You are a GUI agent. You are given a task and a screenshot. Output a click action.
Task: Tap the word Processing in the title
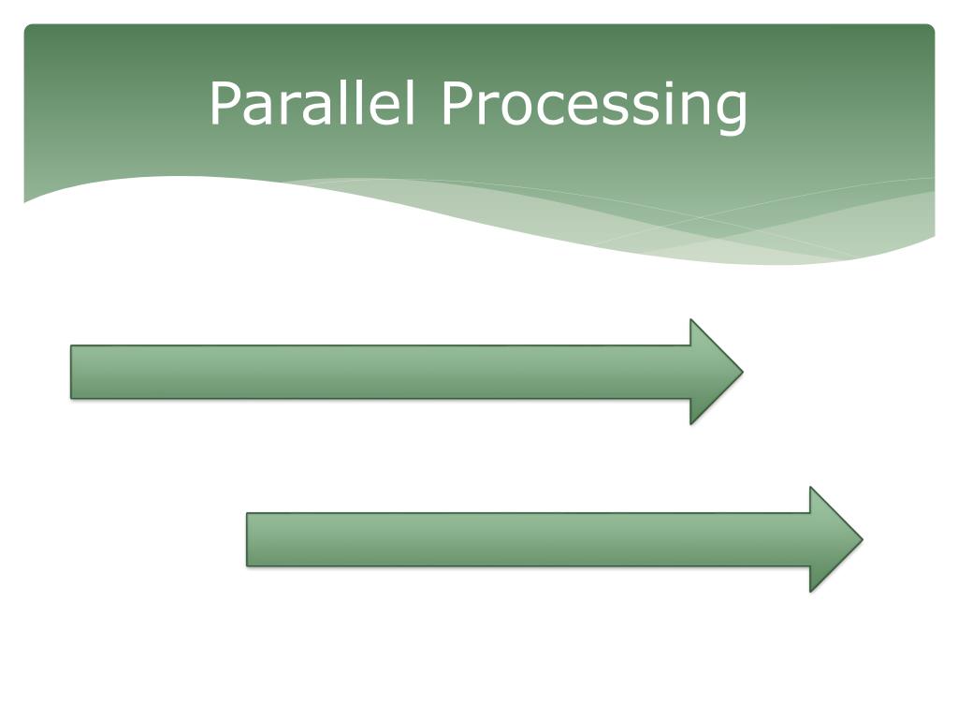point(595,105)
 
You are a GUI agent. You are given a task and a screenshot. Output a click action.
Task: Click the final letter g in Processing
point(732,110)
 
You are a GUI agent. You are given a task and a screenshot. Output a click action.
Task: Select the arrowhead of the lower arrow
point(832,539)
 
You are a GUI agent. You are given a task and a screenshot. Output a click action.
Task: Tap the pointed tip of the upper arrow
point(742,372)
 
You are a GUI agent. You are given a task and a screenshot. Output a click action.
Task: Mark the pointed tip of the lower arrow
point(861,539)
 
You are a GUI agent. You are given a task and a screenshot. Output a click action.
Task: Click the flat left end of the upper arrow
point(72,372)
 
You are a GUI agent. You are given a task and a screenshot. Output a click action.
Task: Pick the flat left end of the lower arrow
point(248,539)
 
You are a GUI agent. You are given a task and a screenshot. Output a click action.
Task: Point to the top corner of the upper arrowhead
point(691,321)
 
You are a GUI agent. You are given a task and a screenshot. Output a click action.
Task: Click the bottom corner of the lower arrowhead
point(811,590)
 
